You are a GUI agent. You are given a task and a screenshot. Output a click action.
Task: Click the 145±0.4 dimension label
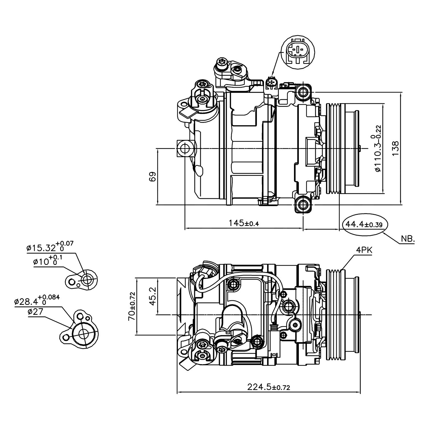(243, 223)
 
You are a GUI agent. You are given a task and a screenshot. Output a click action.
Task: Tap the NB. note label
(407, 239)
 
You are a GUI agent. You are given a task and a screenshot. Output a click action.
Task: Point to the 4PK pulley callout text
(364, 250)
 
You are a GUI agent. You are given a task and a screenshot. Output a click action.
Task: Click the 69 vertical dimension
(152, 176)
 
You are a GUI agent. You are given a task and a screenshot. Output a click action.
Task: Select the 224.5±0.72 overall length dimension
(269, 388)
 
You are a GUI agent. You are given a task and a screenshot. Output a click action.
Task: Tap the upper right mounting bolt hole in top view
(303, 92)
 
